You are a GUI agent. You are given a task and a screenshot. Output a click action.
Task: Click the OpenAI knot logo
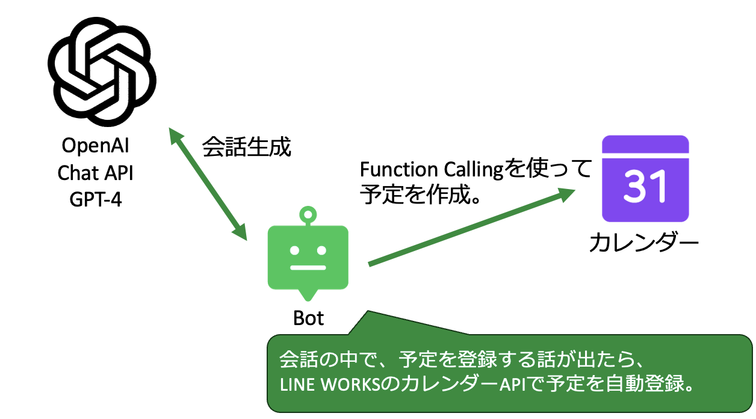pyautogui.click(x=102, y=72)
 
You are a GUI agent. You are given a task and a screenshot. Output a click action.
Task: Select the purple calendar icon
pyautogui.click(x=645, y=179)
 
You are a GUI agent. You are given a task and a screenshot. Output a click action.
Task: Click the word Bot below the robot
pyautogui.click(x=308, y=318)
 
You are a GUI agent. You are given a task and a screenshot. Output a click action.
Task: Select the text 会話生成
pyautogui.click(x=246, y=147)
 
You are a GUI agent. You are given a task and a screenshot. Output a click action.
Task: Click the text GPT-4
pyautogui.click(x=96, y=199)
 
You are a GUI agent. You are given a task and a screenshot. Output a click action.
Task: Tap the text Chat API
pyautogui.click(x=96, y=173)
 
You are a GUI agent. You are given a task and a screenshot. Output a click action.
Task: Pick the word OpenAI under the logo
pyautogui.click(x=96, y=146)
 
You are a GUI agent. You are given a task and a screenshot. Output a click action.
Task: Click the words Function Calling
pyautogui.click(x=430, y=169)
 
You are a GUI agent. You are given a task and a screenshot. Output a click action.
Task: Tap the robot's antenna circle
pyautogui.click(x=308, y=213)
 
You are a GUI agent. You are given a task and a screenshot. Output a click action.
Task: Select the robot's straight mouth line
pyautogui.click(x=308, y=267)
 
